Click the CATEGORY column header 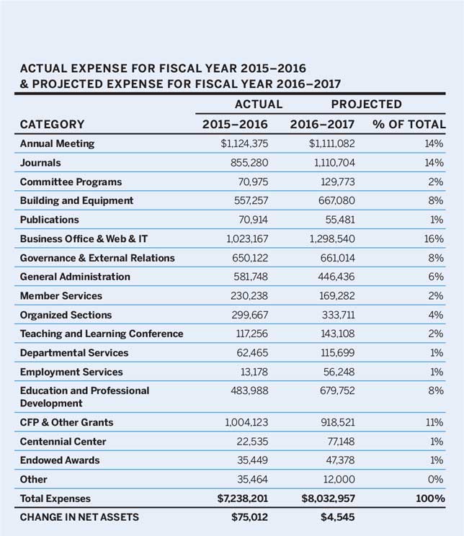(52, 124)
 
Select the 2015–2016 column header (234, 124)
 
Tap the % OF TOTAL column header (409, 124)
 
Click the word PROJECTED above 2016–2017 (366, 104)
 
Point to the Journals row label (40, 163)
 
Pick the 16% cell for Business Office (434, 238)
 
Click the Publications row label (50, 220)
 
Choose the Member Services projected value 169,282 (336, 296)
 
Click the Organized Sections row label (66, 315)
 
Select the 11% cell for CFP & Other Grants (434, 422)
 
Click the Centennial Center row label (63, 441)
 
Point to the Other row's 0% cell (436, 479)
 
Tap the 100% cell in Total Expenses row (430, 499)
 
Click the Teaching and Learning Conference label (102, 334)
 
